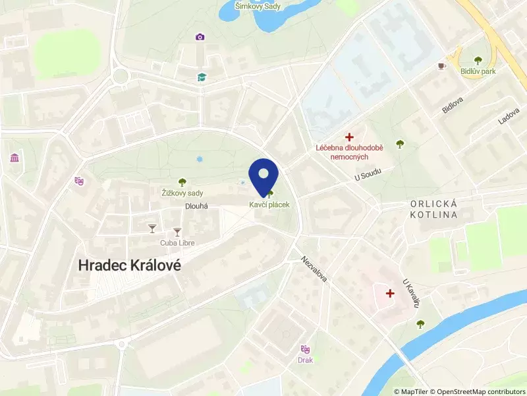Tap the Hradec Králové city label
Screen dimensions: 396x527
coord(130,265)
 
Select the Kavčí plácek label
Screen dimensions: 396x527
coord(269,205)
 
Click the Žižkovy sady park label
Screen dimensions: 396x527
coord(182,193)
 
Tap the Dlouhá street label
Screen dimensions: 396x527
coord(196,206)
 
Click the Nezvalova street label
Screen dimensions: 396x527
coord(316,269)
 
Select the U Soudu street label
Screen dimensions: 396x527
coord(368,175)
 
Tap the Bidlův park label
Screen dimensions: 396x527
coord(479,71)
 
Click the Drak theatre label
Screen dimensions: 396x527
coord(305,360)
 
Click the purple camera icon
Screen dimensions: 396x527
coord(200,37)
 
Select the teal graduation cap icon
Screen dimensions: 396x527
coord(202,77)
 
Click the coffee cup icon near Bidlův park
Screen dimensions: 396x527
coord(441,66)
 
